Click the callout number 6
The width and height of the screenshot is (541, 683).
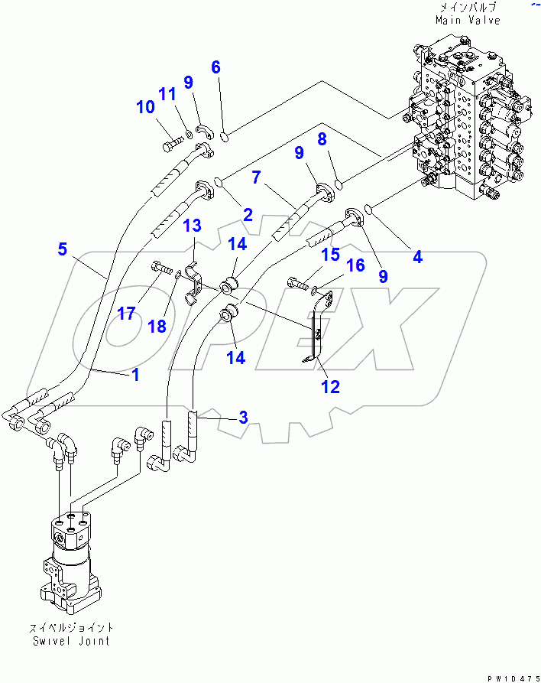[215, 67]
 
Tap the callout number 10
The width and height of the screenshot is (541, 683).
[145, 108]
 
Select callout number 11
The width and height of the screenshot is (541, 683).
[167, 94]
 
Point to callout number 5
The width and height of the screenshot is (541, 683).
[63, 249]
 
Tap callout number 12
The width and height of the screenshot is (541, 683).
[330, 387]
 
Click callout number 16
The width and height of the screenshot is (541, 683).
[356, 265]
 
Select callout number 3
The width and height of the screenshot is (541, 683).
[243, 418]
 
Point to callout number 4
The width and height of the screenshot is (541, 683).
[417, 257]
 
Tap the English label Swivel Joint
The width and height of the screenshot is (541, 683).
[70, 641]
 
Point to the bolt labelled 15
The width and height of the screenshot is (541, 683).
[298, 284]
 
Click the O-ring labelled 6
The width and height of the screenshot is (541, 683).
[225, 137]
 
